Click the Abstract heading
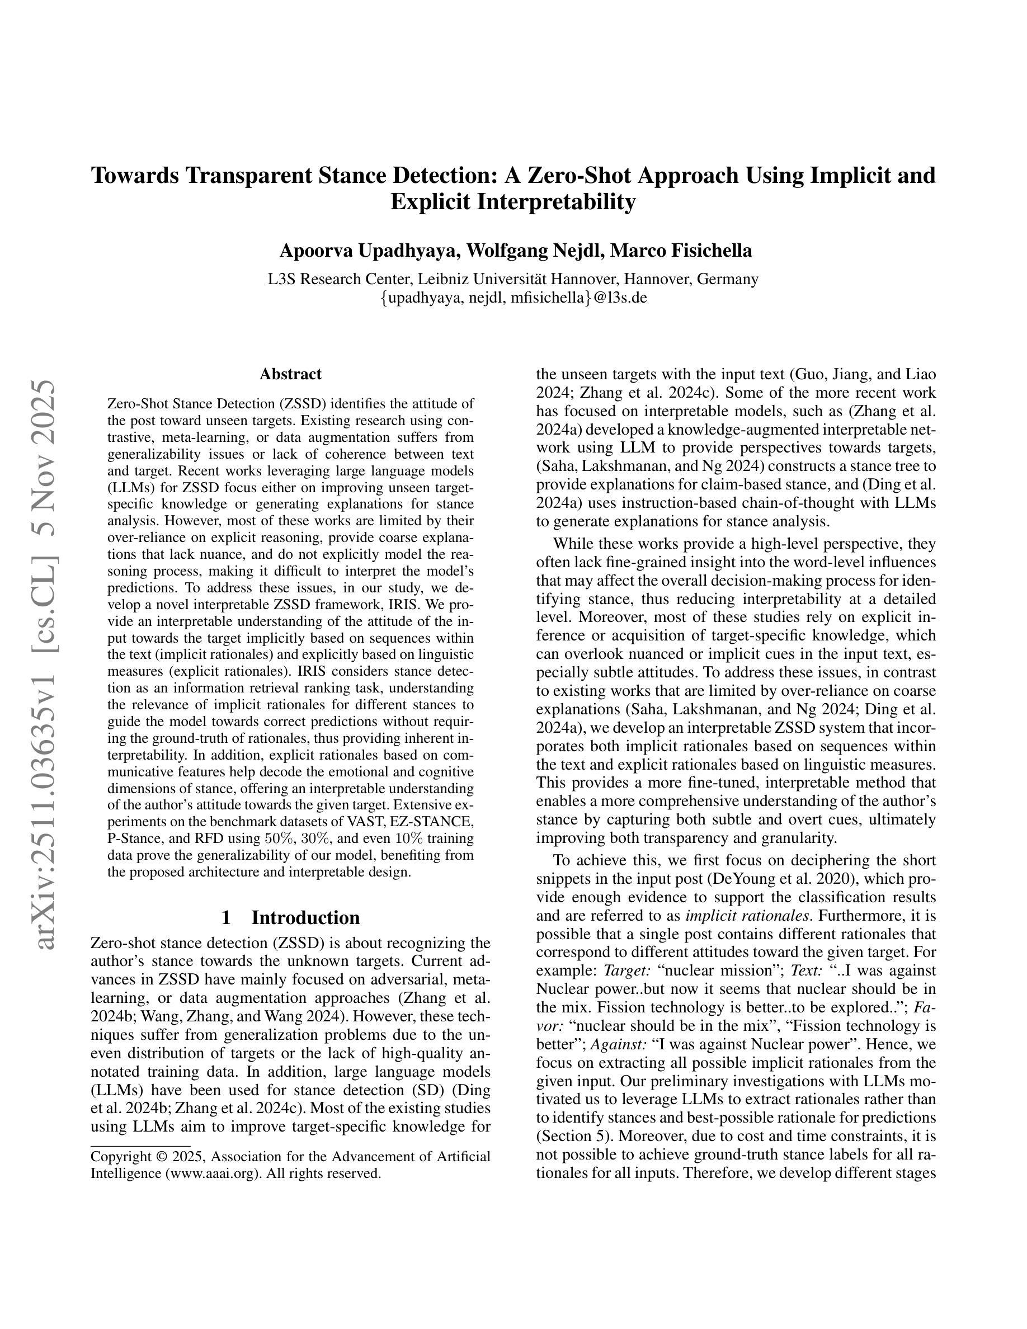point(290,374)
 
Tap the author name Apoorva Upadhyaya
point(366,251)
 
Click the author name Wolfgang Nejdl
point(532,251)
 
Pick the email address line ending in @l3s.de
point(513,298)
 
